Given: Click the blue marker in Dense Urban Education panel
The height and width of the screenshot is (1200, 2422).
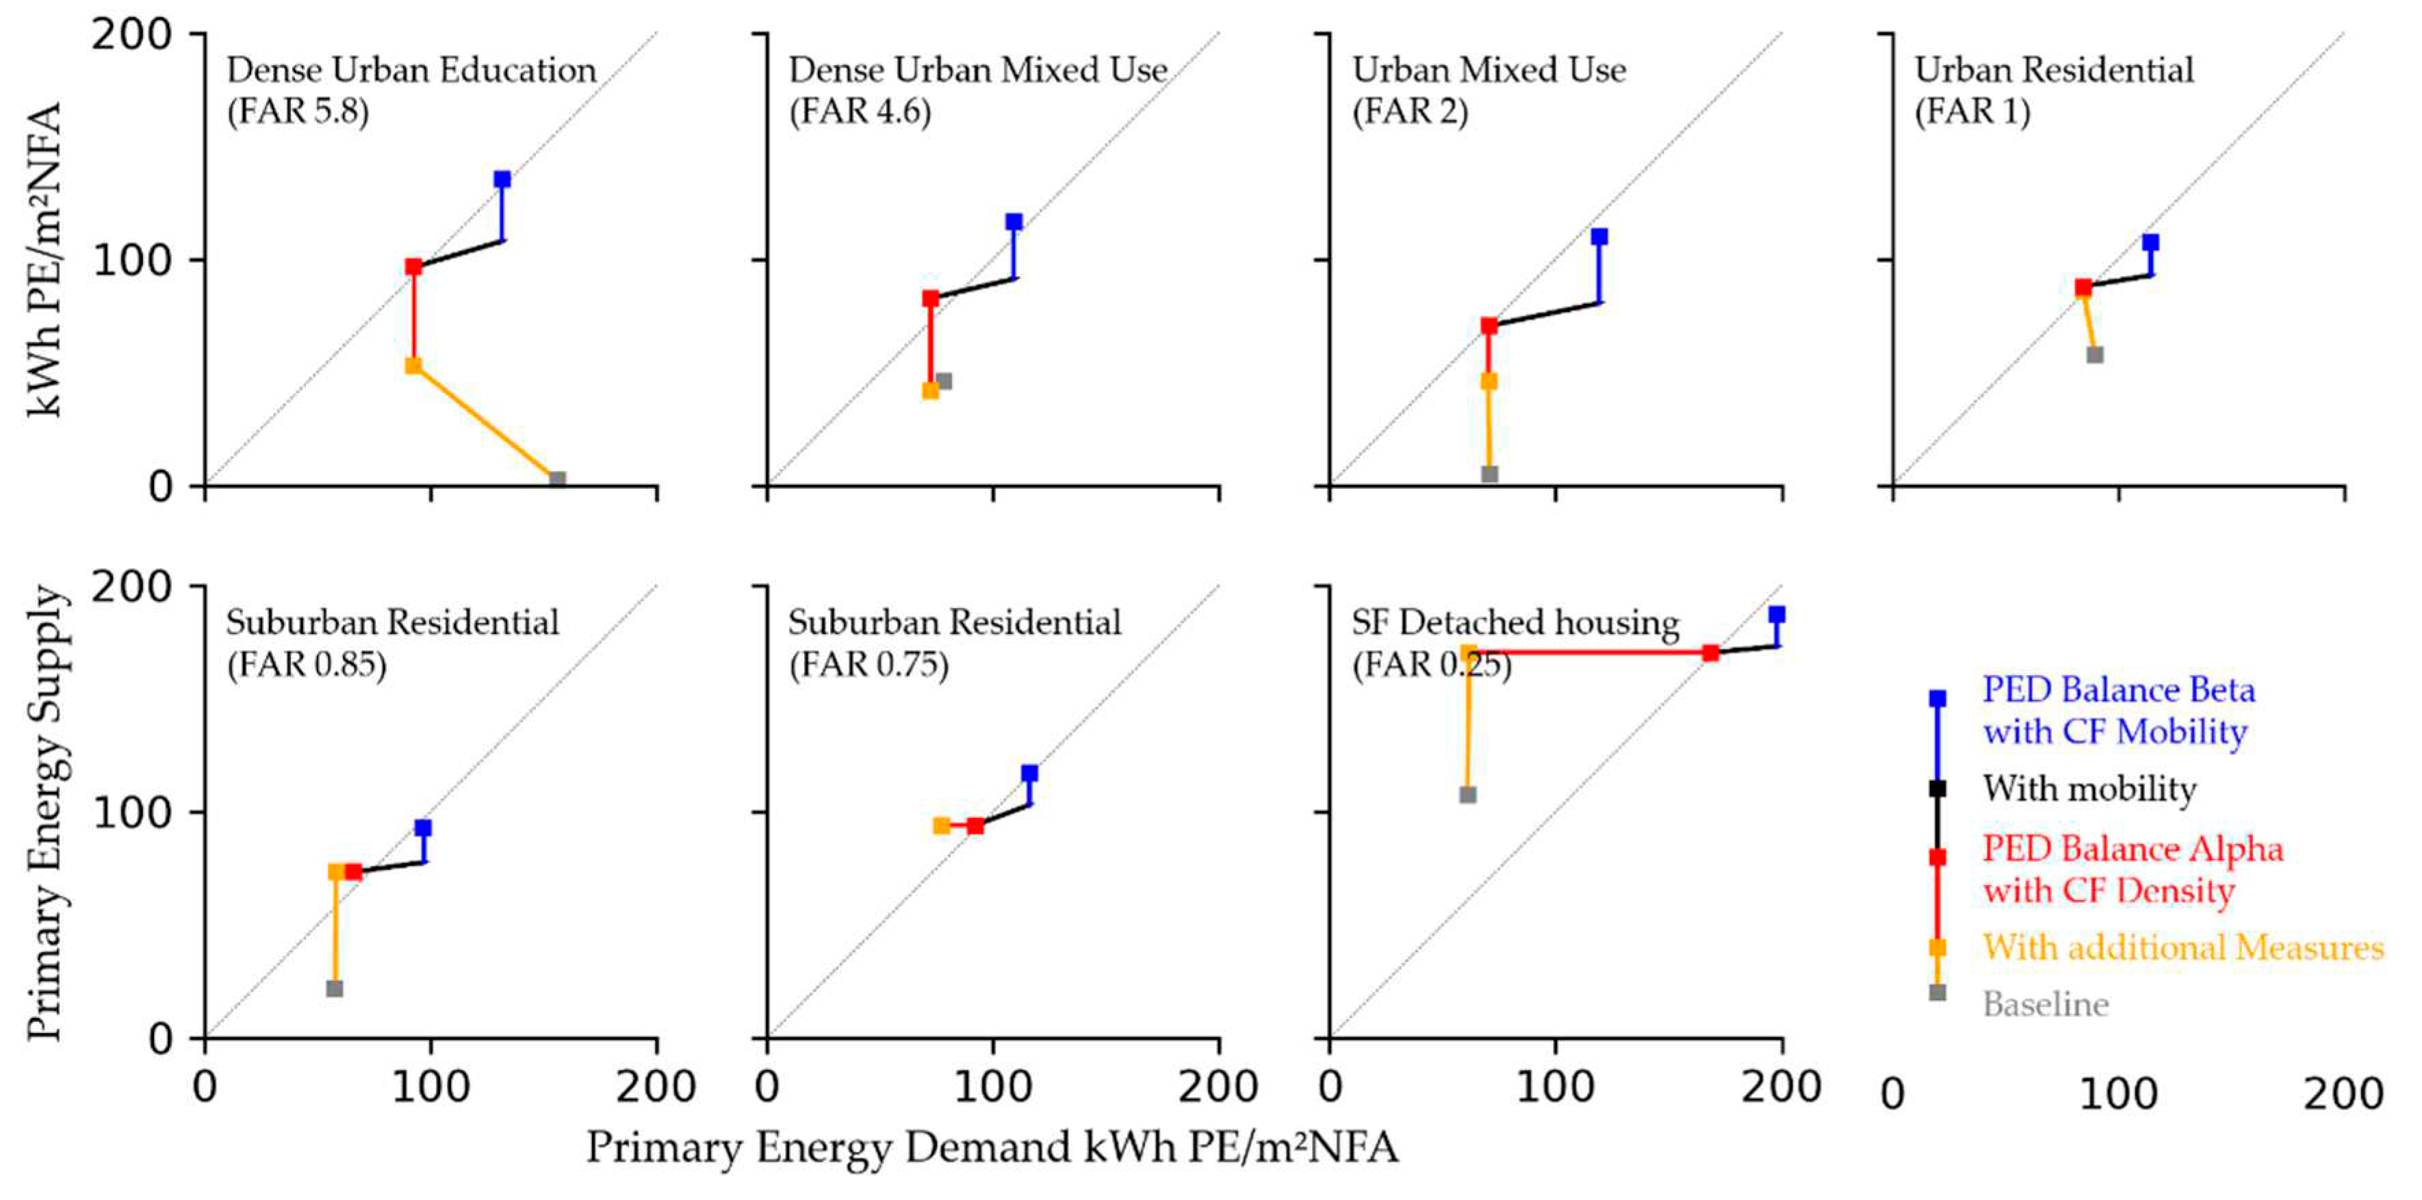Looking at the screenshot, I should [502, 179].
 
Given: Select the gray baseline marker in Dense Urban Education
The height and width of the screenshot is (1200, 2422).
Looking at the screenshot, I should [558, 480].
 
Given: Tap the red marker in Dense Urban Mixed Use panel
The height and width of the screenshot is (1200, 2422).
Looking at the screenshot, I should [930, 298].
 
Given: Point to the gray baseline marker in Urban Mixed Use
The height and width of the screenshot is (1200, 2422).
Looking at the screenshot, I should [1489, 474].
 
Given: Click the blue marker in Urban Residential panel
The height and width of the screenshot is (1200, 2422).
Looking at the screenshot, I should [2150, 242].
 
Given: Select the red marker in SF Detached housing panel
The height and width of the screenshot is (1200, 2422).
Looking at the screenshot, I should [1711, 652].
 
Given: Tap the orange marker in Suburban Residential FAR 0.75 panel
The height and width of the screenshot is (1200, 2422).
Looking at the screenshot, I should [941, 826].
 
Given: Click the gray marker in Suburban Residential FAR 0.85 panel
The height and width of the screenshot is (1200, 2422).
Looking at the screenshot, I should [335, 988].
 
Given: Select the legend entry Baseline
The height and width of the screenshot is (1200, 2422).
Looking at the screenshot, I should [2045, 1004].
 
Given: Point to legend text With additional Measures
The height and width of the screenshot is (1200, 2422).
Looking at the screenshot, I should [2182, 947].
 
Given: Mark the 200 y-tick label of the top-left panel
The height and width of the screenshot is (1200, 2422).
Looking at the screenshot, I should [133, 35].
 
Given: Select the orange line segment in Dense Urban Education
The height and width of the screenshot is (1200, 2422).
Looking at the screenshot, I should [485, 422].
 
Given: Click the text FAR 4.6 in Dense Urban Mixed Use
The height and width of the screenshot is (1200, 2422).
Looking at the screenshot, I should [860, 112].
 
